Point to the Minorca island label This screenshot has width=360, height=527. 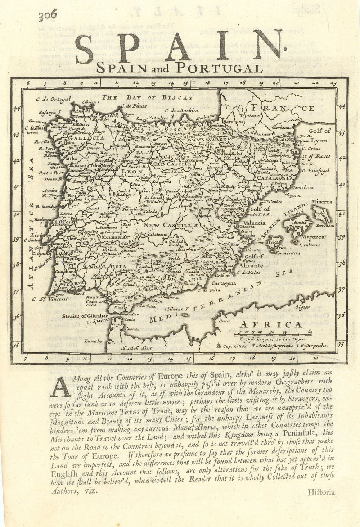click(321, 202)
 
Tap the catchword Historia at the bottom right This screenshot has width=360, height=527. click(321, 492)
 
